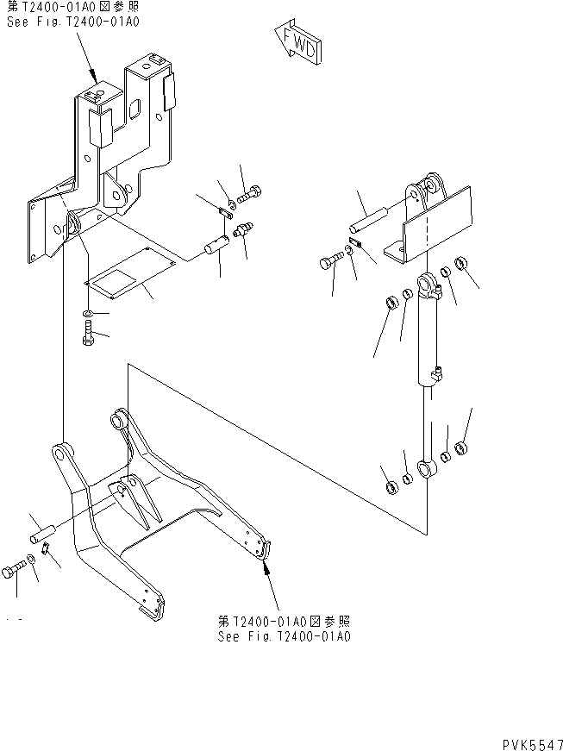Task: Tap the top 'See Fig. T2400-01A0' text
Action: pyautogui.click(x=61, y=24)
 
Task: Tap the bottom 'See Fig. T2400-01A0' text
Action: pyautogui.click(x=284, y=637)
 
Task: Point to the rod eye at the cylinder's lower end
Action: pyautogui.click(x=425, y=470)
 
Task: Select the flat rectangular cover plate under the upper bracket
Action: pyautogui.click(x=129, y=274)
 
